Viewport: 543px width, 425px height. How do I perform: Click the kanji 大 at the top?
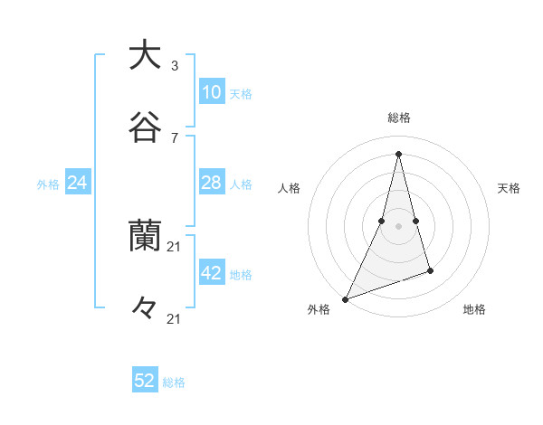pos(145,55)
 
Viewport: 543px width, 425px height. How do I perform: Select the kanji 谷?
pos(145,127)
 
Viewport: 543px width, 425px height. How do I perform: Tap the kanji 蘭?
pos(145,236)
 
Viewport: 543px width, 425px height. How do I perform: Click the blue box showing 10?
pos(211,92)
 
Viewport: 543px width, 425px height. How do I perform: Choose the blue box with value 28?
pos(211,183)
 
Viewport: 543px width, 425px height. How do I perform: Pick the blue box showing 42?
pos(211,273)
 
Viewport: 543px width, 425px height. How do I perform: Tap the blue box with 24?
pos(78,183)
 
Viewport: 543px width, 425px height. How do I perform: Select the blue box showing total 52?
pos(145,381)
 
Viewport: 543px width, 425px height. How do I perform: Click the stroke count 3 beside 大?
pos(175,66)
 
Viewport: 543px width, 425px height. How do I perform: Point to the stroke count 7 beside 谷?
pos(175,137)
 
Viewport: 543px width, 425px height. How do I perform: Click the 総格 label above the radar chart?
pos(399,118)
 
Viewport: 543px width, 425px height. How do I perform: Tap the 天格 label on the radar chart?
pos(510,188)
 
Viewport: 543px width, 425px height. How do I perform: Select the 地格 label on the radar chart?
pos(474,309)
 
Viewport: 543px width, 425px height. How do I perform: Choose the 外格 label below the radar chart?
pos(319,309)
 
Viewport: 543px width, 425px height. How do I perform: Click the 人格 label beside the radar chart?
pos(289,188)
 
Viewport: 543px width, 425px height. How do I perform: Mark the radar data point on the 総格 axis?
pos(399,153)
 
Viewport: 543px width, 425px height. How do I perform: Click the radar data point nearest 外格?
pos(345,299)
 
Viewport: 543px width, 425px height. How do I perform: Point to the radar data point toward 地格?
pos(431,270)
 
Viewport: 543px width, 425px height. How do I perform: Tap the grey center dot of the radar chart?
pos(399,226)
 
